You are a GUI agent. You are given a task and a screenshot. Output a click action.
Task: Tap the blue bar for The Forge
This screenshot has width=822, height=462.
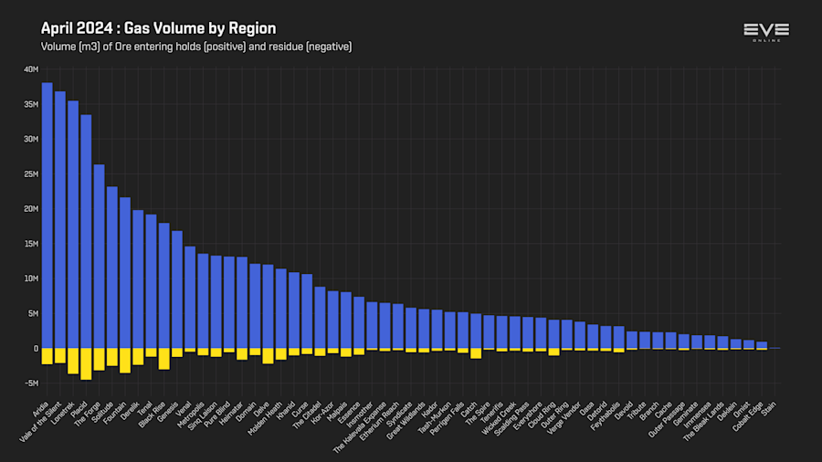point(99,256)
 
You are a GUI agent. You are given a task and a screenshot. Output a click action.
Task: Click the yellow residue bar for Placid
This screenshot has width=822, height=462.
point(86,363)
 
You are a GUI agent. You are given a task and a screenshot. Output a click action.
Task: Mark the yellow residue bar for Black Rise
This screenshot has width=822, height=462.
point(163,358)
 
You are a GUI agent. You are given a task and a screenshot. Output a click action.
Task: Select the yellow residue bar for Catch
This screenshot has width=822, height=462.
point(476,352)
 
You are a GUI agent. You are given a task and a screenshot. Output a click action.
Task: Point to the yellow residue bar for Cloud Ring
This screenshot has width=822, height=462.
point(553,352)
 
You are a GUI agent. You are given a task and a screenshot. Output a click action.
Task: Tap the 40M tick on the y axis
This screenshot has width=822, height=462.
point(31,69)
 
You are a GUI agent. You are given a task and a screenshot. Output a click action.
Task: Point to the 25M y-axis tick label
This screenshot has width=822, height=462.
point(31,173)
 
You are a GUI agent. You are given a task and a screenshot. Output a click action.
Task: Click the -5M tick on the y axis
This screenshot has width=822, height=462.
point(31,383)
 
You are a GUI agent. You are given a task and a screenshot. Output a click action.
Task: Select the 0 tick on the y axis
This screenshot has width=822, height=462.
point(36,348)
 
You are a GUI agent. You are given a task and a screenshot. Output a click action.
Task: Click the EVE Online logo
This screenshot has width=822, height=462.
point(766,31)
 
